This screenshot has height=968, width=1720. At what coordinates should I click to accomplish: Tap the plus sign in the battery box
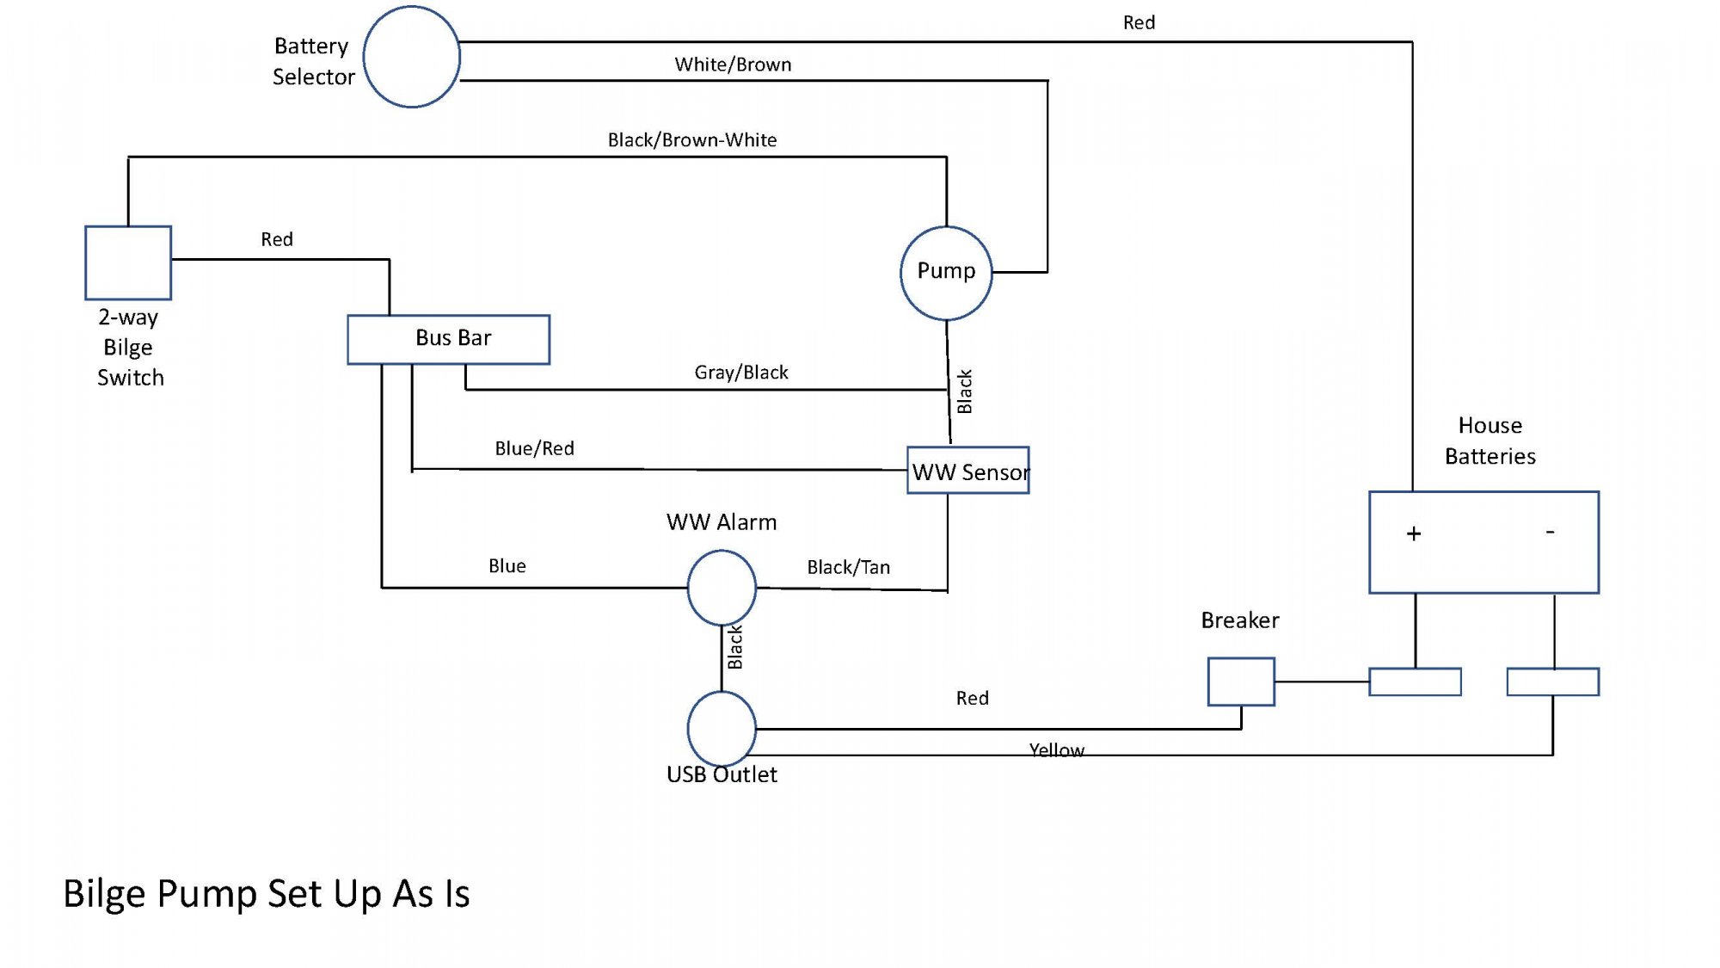(1414, 533)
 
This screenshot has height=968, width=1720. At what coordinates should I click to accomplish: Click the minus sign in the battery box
(1551, 532)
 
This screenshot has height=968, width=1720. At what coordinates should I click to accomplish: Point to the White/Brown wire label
(733, 65)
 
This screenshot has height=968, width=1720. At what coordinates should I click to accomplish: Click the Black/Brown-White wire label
(692, 139)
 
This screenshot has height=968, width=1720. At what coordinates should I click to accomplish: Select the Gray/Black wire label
(741, 372)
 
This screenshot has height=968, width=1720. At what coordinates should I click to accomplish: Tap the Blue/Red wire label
(534, 448)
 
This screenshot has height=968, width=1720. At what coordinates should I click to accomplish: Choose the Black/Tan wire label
(848, 567)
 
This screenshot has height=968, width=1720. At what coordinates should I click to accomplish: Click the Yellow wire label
(1057, 749)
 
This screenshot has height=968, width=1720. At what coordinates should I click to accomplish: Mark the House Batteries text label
(1490, 441)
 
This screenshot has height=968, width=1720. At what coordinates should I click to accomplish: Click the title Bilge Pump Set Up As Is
(267, 894)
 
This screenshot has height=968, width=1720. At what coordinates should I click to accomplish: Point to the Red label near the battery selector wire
(1139, 22)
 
